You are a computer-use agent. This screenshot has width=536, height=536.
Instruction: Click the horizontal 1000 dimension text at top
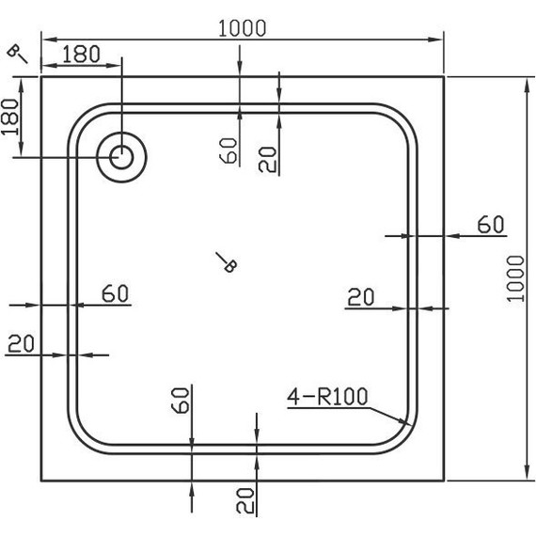pos(243,28)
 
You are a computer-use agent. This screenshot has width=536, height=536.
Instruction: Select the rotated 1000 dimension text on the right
pos(512,277)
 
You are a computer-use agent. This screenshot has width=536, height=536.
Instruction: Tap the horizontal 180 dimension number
pos(83,54)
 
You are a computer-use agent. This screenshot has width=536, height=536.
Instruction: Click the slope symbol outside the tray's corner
pos(18,54)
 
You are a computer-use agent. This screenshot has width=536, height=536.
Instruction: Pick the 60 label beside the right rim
pos(490,225)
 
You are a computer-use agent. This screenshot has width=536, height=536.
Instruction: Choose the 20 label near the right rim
pos(361,297)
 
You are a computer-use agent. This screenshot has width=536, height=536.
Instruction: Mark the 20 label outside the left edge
pos(20,344)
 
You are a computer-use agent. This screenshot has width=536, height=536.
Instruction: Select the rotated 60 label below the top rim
pos(228,150)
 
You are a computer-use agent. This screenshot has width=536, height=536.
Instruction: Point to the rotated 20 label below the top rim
pos(268,158)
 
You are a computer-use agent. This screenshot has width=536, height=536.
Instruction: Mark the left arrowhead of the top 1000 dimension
pos(43,39)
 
